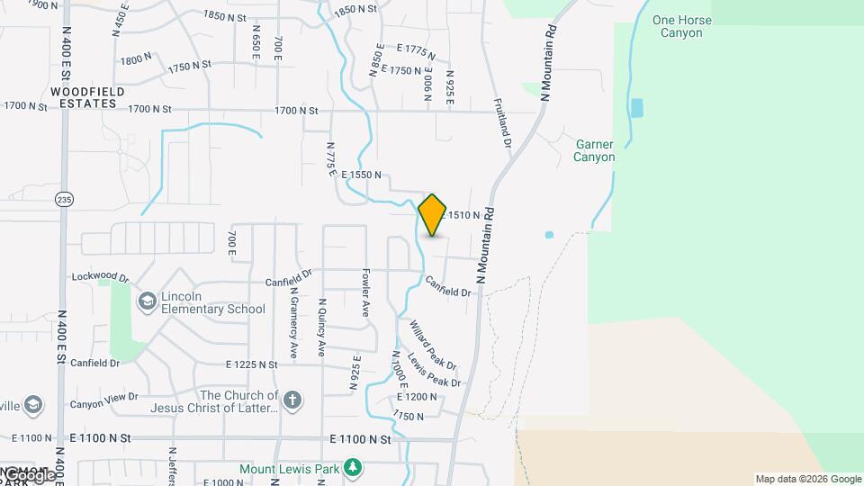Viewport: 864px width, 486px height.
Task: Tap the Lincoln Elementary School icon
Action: coord(147,301)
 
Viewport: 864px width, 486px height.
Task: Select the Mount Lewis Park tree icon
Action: coord(354,468)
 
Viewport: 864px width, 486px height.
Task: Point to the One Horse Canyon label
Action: coord(681,26)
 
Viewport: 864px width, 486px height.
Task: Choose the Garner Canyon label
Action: coord(594,150)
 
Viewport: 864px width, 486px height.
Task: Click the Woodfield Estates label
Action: coord(84,97)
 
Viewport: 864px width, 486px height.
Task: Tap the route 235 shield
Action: coord(64,199)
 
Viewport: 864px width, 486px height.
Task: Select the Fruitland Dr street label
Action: coord(501,123)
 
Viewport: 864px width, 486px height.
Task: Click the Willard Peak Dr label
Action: coord(433,345)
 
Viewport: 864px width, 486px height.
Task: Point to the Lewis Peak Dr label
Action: coord(434,368)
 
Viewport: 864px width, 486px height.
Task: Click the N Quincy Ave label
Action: coord(321,328)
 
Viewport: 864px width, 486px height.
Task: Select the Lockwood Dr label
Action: coord(101,277)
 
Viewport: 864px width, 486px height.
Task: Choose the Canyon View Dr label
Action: coord(103,396)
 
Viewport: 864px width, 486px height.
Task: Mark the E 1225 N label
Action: coord(253,364)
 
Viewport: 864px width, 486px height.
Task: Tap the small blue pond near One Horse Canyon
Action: coord(637,108)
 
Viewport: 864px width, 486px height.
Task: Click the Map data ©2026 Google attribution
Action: coord(808,480)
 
